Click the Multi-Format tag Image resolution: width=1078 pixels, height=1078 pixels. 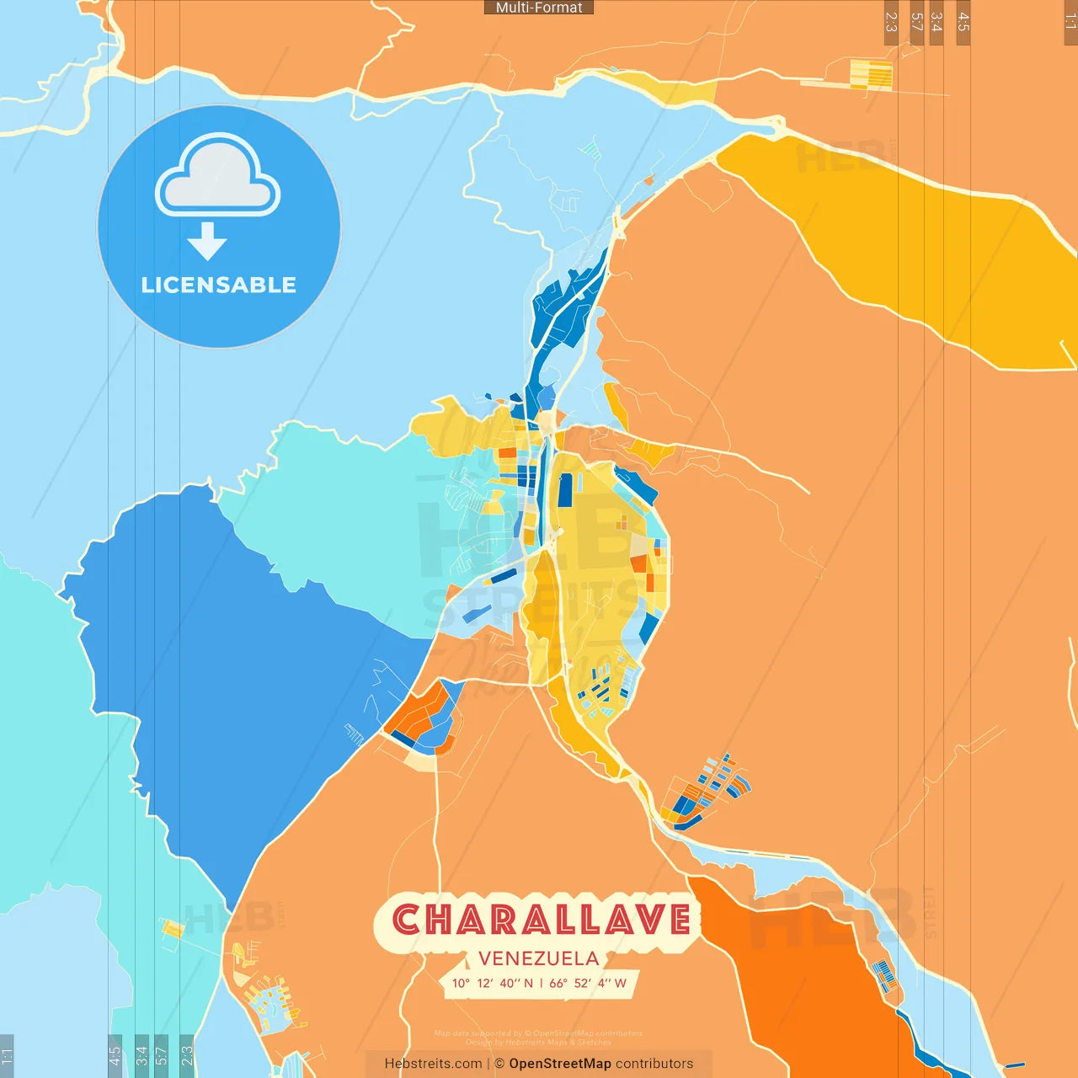(x=539, y=8)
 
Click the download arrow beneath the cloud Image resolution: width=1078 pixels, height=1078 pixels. (x=207, y=242)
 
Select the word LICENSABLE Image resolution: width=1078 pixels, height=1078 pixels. (x=219, y=285)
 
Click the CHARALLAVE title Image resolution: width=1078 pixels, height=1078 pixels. (x=541, y=920)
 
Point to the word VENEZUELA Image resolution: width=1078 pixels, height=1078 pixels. (x=539, y=958)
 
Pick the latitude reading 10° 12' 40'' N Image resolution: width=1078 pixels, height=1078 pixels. (x=493, y=983)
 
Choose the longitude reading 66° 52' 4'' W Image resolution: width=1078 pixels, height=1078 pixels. (x=588, y=983)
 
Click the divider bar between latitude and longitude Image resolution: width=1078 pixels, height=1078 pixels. (x=542, y=983)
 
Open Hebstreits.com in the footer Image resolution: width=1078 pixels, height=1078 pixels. (x=433, y=1064)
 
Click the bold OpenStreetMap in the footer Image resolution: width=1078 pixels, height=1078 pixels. (x=560, y=1064)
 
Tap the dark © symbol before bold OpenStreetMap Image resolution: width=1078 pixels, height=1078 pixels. (x=499, y=1064)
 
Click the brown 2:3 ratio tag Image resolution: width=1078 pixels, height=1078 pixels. (x=891, y=22)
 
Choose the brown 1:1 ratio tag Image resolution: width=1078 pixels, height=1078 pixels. (x=1070, y=20)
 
